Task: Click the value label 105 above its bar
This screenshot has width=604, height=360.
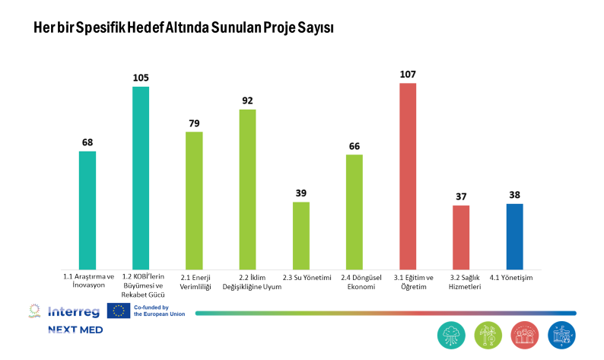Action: (x=141, y=78)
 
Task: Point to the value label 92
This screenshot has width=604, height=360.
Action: (x=247, y=100)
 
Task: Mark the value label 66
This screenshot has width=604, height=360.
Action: (x=354, y=146)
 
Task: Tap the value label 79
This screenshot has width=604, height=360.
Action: (x=194, y=123)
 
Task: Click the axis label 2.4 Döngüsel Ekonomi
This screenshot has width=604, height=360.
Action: (x=354, y=282)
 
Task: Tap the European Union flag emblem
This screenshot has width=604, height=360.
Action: (x=118, y=310)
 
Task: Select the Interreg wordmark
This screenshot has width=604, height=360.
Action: (x=72, y=311)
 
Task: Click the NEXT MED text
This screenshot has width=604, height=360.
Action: (x=75, y=330)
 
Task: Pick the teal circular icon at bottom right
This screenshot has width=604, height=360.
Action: (x=452, y=335)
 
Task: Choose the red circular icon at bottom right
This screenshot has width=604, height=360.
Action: (x=525, y=335)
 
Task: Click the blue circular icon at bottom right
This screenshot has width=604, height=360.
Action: (x=561, y=335)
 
